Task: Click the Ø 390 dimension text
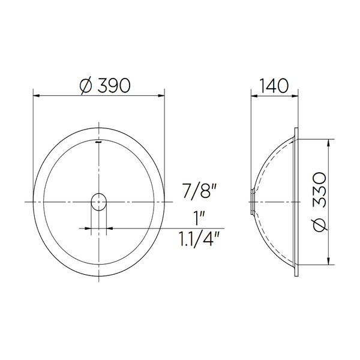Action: click(x=105, y=86)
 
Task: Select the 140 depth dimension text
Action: click(x=274, y=86)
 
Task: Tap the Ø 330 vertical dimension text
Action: click(x=320, y=202)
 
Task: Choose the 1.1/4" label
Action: click(x=199, y=239)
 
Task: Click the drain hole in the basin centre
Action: click(x=99, y=202)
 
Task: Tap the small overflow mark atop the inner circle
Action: click(x=99, y=142)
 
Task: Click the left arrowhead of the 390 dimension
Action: click(x=37, y=95)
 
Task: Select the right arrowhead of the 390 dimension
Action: click(x=161, y=95)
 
